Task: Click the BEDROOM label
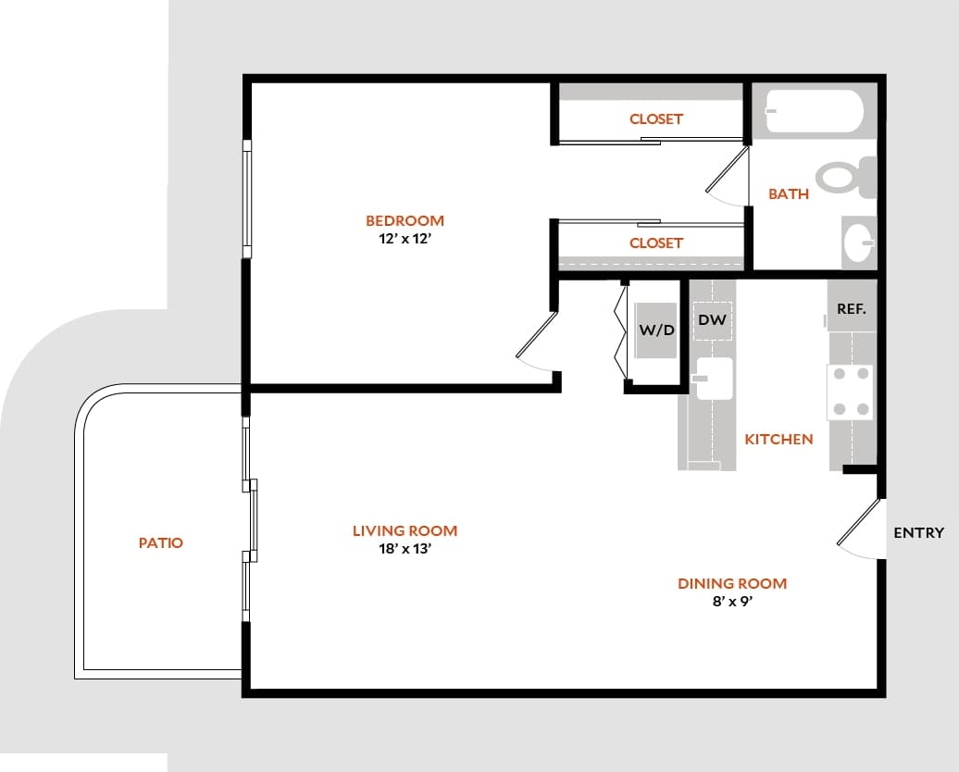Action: click(x=405, y=220)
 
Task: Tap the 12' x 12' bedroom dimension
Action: click(x=405, y=237)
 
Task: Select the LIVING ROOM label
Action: click(x=405, y=530)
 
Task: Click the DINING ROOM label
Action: click(x=732, y=583)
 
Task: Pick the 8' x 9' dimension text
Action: click(x=732, y=601)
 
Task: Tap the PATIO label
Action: click(x=161, y=542)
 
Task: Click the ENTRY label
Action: click(x=918, y=532)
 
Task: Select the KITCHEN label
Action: click(x=778, y=439)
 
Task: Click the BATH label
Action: click(x=789, y=193)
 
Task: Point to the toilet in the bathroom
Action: click(x=844, y=176)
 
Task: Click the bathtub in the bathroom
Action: click(x=815, y=113)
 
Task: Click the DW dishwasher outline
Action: click(x=712, y=321)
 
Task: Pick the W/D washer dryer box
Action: click(x=655, y=330)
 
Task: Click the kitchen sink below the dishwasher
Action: click(x=714, y=378)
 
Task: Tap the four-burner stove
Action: click(x=850, y=391)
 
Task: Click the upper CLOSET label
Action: click(x=655, y=118)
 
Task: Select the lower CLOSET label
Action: click(x=655, y=243)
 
